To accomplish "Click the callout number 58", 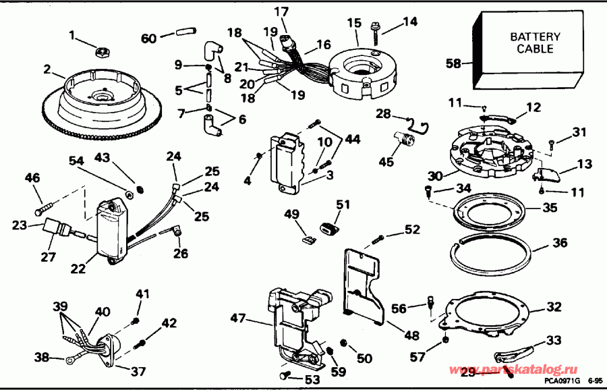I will point(453,63).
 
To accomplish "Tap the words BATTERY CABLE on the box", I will point(531,43).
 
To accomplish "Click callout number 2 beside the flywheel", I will point(47,69).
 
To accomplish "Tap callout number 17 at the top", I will point(281,11).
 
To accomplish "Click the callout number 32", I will point(554,308).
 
